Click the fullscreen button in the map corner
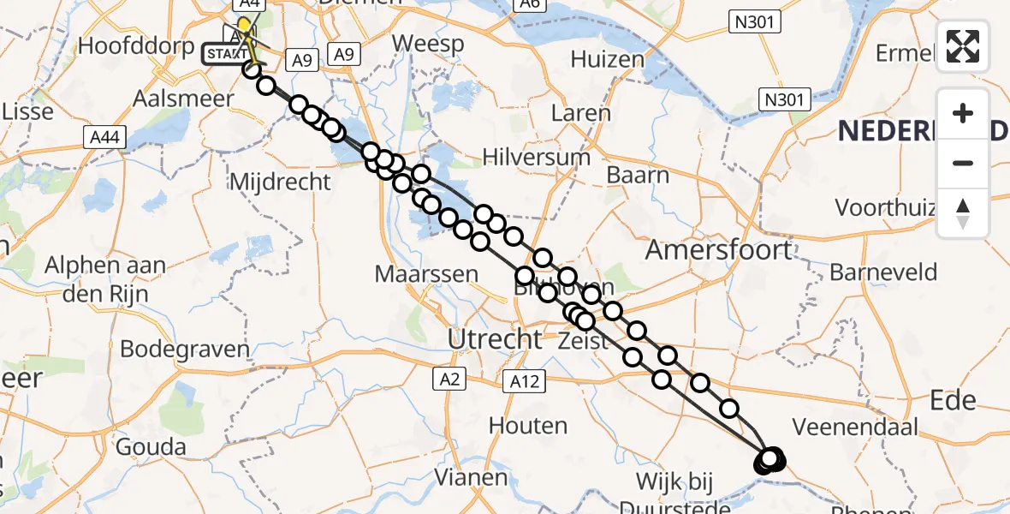[963, 46]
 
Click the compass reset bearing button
[963, 213]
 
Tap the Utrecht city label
[496, 339]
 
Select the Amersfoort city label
[719, 250]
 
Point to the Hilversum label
[537, 158]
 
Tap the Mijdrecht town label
[280, 182]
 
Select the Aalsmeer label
[183, 99]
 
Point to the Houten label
[528, 425]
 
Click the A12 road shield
[523, 381]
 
